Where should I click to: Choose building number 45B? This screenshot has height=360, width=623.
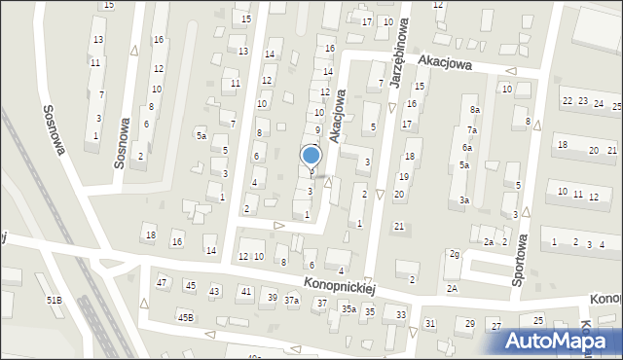pyautogui.click(x=185, y=317)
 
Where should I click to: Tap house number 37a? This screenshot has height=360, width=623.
pyautogui.click(x=291, y=301)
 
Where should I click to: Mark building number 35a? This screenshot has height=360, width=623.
pyautogui.click(x=348, y=308)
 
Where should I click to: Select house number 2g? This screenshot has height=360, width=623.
pyautogui.click(x=455, y=254)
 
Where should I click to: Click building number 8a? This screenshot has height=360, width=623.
pyautogui.click(x=475, y=110)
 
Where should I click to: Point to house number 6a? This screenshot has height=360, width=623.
pyautogui.click(x=467, y=147)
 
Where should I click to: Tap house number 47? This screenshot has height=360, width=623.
pyautogui.click(x=163, y=282)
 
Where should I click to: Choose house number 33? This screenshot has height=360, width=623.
pyautogui.click(x=400, y=314)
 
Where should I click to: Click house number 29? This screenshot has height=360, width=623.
pyautogui.click(x=470, y=323)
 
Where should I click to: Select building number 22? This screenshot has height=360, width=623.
pyautogui.click(x=568, y=101)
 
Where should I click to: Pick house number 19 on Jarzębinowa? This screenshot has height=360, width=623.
pyautogui.click(x=403, y=176)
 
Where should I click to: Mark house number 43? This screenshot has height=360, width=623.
pyautogui.click(x=214, y=292)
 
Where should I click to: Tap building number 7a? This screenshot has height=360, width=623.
pyautogui.click(x=471, y=129)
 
